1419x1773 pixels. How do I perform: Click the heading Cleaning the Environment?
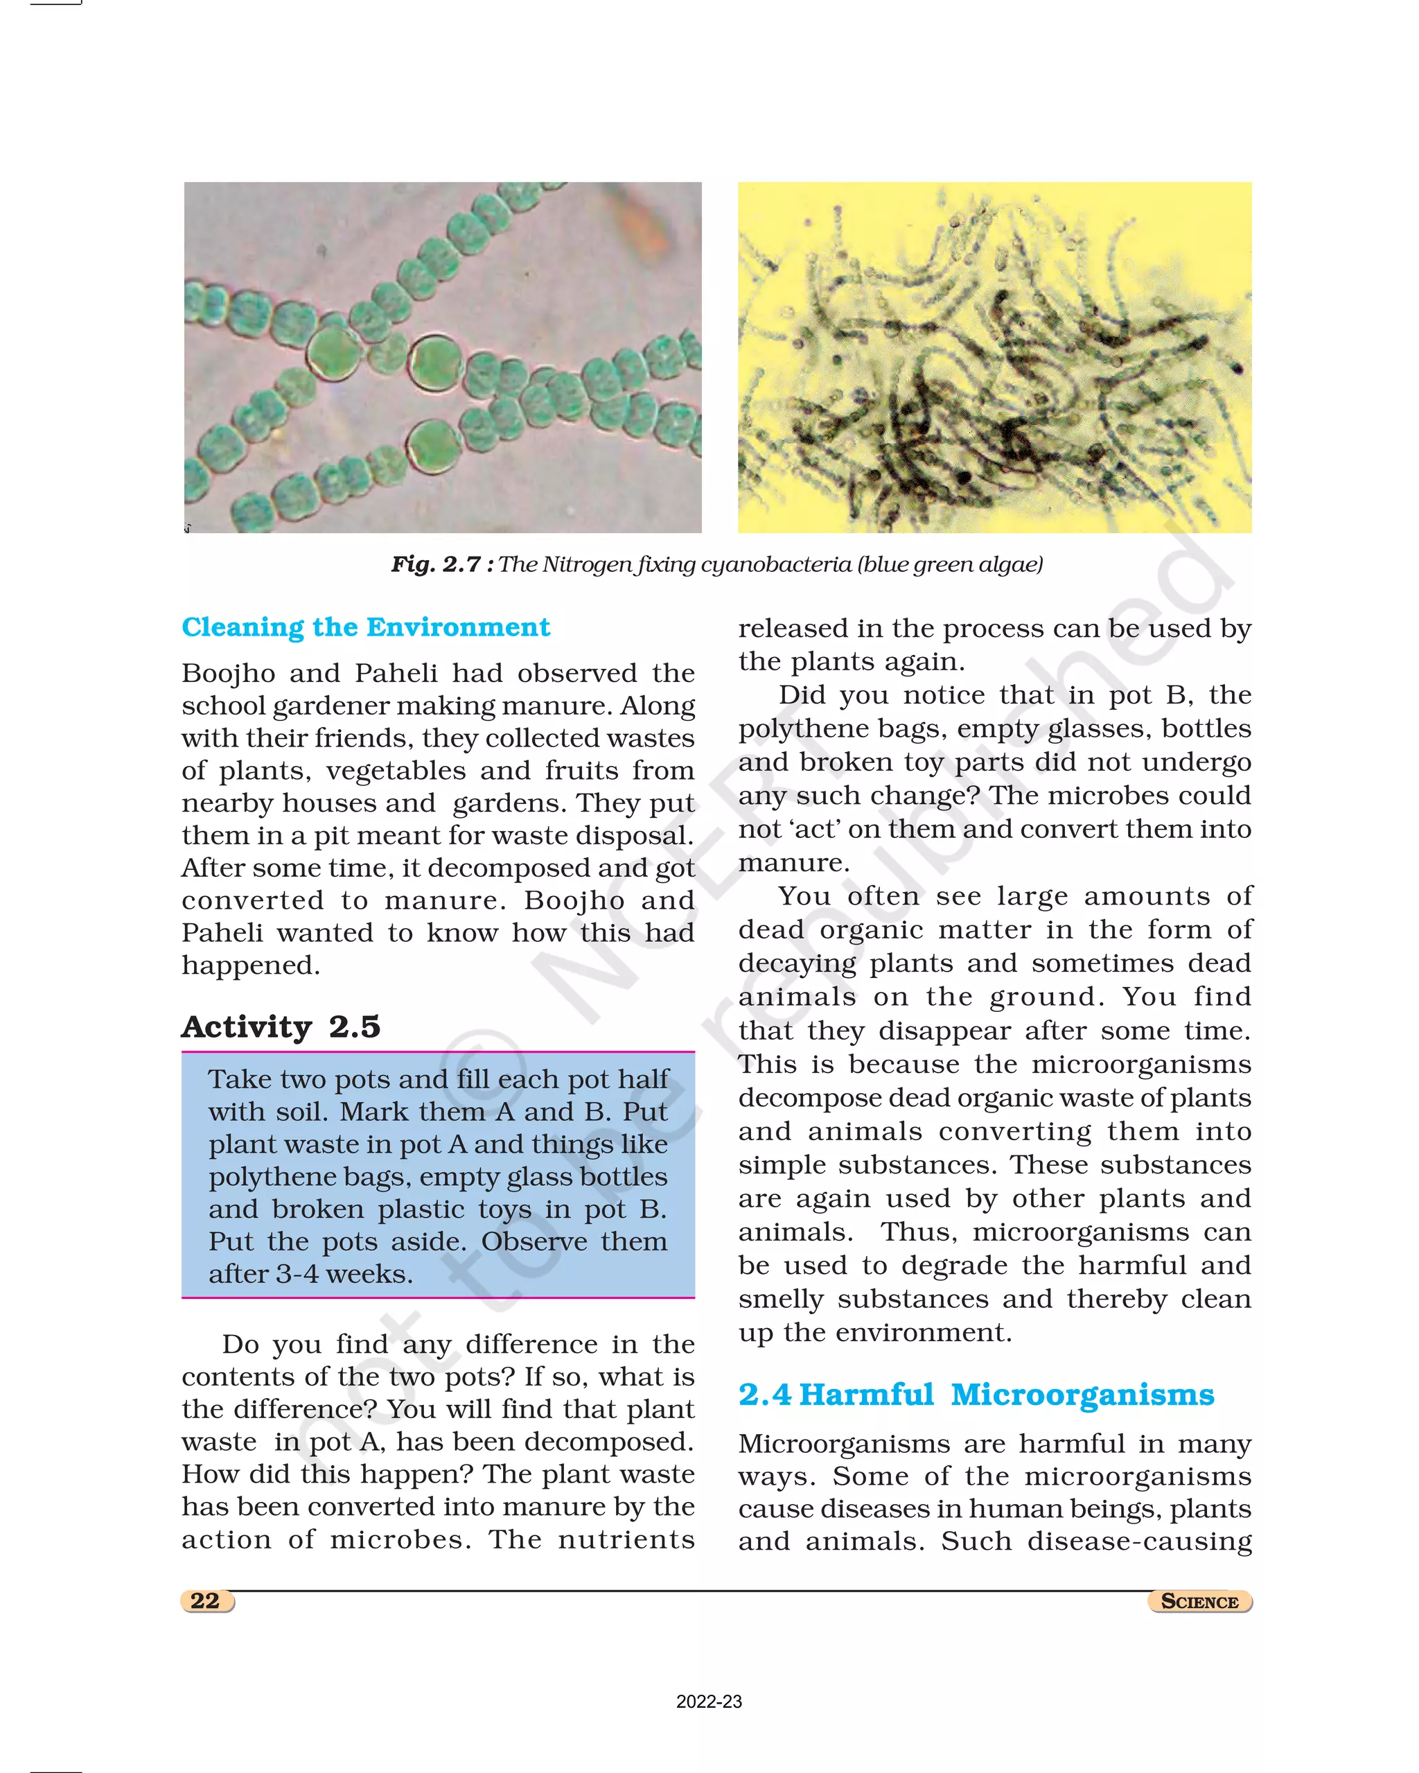pos(365,627)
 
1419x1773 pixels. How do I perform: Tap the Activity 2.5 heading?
pos(281,1027)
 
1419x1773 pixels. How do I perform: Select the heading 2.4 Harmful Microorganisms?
pos(975,1395)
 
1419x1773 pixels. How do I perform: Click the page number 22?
pos(206,1600)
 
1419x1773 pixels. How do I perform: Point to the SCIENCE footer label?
pos(1199,1601)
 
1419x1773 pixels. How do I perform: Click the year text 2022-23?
pos(709,1702)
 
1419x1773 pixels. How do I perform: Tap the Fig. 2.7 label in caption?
pos(441,564)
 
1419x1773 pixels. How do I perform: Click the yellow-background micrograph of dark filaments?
pos(994,357)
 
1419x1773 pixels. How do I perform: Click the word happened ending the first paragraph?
pos(249,966)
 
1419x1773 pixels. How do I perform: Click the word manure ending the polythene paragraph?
pos(792,863)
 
